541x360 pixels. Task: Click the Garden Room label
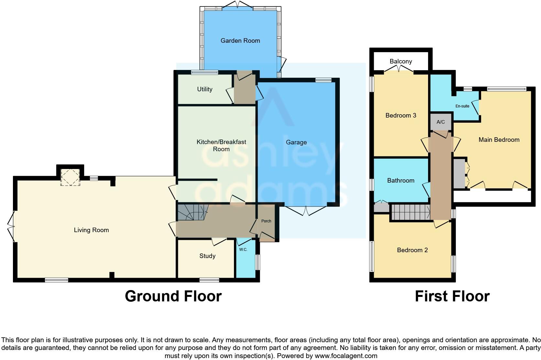tap(240, 40)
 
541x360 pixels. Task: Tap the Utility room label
tap(204, 89)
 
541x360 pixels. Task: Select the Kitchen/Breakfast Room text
tap(221, 145)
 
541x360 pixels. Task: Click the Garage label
tap(296, 142)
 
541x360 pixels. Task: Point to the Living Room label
tap(91, 230)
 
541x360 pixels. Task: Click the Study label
tap(207, 256)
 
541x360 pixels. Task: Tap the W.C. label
tap(243, 250)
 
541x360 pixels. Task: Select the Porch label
tap(266, 221)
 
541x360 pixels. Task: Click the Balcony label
tap(401, 61)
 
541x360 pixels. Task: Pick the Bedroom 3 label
tap(401, 115)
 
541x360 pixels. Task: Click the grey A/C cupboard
tap(441, 122)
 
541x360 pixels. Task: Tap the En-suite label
tap(462, 106)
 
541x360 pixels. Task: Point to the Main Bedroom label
tap(499, 140)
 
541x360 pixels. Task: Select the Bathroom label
tap(401, 180)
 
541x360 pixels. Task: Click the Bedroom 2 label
tap(412, 250)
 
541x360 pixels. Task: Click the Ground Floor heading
tap(173, 296)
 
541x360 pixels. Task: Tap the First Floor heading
tap(452, 296)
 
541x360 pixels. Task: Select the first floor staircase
tap(410, 212)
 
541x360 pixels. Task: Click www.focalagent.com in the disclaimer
tap(346, 356)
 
